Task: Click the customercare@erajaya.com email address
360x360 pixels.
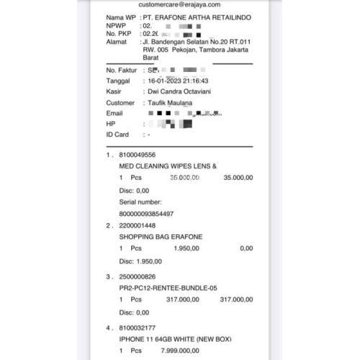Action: click(179, 5)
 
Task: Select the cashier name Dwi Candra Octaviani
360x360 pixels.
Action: click(181, 92)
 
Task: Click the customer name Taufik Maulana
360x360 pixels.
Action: click(176, 103)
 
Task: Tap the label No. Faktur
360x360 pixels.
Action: click(121, 71)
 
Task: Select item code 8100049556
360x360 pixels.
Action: click(137, 155)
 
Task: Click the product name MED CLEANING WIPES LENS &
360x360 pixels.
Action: click(168, 166)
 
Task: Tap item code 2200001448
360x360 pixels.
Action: click(137, 225)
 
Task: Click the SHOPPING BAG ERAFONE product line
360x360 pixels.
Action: click(161, 237)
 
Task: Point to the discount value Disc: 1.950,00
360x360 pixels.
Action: click(140, 261)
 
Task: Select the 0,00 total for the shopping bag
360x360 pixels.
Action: click(246, 248)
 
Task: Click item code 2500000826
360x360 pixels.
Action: click(137, 276)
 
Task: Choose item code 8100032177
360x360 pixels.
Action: click(137, 327)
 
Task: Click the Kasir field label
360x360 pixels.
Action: click(115, 92)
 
